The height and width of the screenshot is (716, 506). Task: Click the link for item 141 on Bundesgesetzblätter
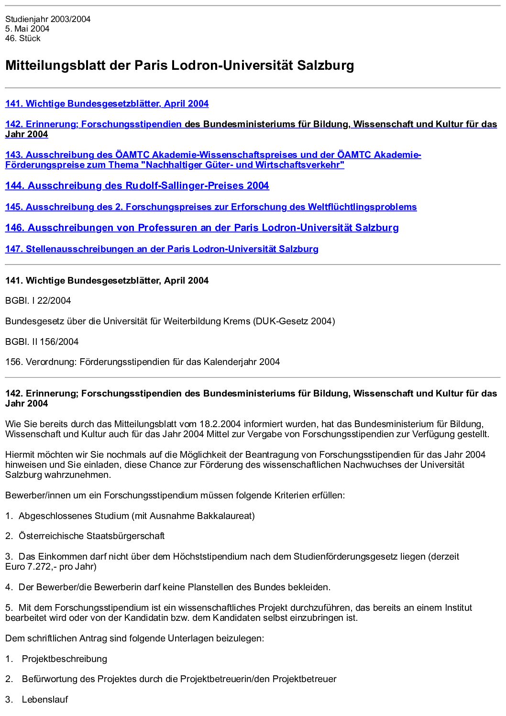point(107,104)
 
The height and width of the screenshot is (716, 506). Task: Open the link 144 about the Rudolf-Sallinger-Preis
point(137,186)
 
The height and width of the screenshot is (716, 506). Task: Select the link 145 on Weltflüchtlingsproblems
point(211,207)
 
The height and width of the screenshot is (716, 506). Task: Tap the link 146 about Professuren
point(202,228)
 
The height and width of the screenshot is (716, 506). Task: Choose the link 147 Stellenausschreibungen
point(162,249)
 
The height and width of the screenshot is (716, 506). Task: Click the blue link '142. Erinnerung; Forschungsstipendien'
point(93,124)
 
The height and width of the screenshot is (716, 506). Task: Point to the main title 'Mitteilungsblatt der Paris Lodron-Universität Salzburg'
point(179,65)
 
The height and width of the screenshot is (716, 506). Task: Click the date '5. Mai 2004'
point(27,29)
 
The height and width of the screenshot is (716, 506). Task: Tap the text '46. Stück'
point(23,39)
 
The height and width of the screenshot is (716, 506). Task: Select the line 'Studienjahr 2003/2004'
point(48,19)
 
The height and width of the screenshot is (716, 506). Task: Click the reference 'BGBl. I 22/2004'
point(38,301)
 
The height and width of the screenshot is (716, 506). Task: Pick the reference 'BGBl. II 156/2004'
point(42,342)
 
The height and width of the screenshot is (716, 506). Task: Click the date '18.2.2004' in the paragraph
point(220,424)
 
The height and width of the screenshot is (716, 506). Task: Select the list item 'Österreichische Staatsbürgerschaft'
point(91,536)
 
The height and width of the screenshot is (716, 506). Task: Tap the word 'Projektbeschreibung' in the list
point(64,659)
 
